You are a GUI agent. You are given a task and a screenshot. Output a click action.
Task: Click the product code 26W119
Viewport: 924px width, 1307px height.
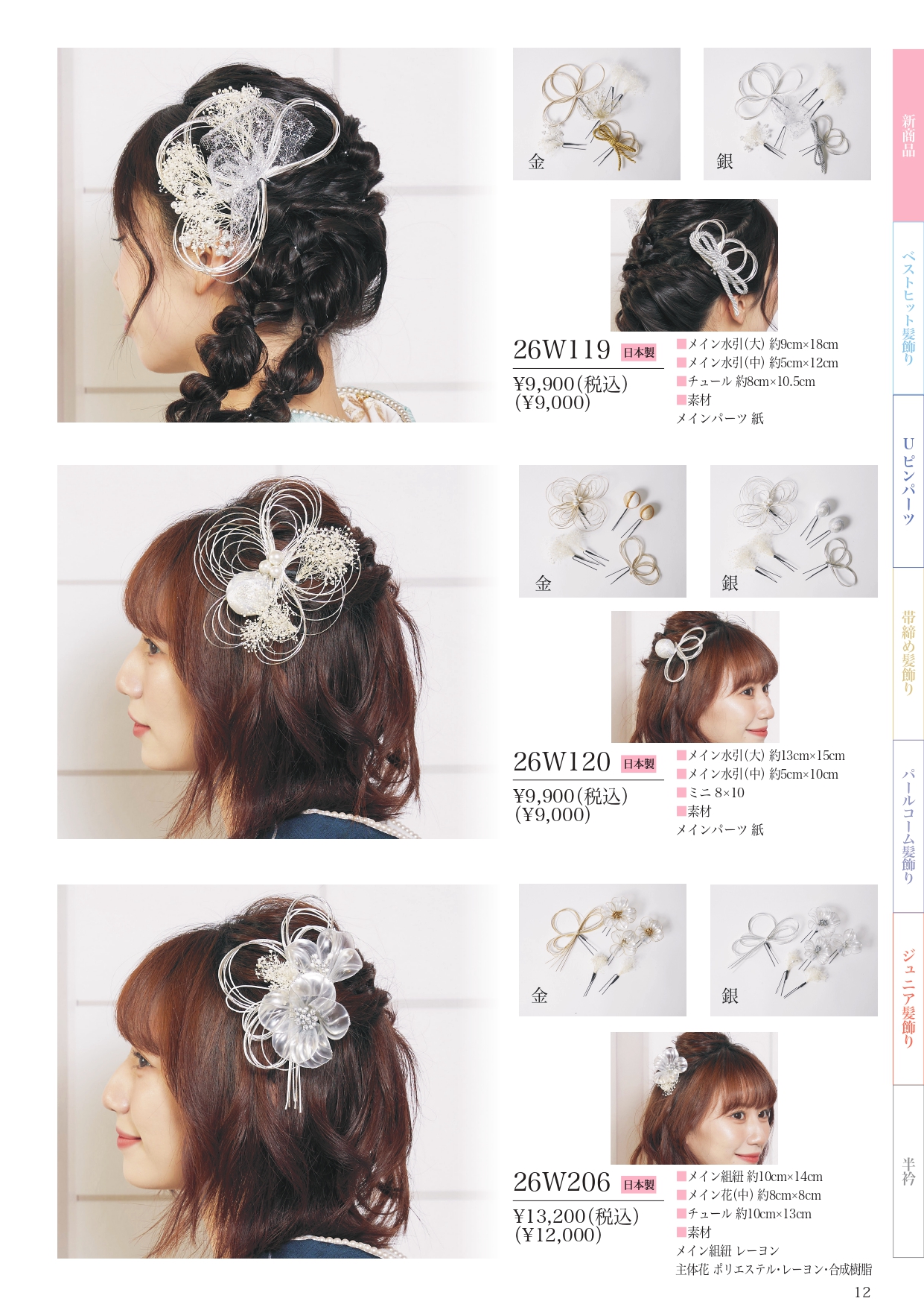pos(561,349)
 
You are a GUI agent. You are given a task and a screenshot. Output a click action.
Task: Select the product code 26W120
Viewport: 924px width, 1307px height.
pos(561,762)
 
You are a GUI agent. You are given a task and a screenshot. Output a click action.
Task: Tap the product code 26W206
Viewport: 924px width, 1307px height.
pos(561,1182)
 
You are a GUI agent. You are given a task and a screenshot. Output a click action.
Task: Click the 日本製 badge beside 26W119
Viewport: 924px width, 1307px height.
pos(639,352)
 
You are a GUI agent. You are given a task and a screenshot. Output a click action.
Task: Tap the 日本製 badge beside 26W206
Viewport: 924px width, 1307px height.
pos(639,1185)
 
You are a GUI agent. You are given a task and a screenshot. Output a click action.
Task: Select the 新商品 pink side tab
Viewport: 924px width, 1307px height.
pos(908,136)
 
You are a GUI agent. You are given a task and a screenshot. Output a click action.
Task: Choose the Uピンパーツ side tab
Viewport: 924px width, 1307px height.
pos(908,481)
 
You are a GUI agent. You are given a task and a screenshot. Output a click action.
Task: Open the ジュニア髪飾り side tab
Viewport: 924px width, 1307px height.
pos(908,999)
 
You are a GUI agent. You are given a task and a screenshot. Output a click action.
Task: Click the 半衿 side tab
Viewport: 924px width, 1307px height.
pos(908,1171)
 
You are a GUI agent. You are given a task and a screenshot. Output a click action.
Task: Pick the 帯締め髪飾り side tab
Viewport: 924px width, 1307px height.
pos(908,653)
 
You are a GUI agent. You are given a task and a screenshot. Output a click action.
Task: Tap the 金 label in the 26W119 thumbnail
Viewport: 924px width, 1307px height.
pos(537,162)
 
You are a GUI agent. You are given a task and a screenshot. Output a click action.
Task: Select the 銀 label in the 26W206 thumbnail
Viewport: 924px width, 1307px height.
pos(730,996)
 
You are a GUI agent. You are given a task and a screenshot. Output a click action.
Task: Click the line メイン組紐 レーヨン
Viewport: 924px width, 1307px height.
pos(727,1251)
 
